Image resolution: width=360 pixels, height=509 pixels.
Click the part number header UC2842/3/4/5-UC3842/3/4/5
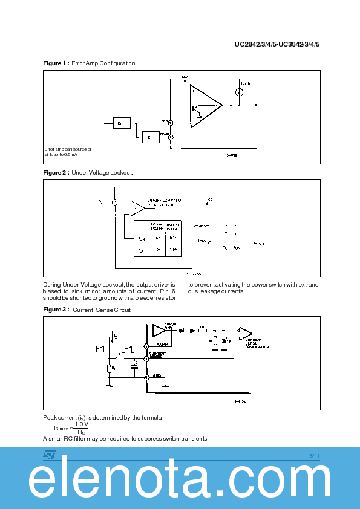tap(277, 44)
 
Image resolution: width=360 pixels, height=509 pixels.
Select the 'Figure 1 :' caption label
tap(56, 63)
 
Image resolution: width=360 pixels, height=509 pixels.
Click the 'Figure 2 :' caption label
tap(56, 173)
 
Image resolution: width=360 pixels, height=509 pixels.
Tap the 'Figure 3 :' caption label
tap(56, 310)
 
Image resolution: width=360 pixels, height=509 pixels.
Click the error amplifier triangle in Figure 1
tap(205, 106)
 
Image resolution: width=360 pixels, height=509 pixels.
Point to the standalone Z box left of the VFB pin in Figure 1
tap(120, 123)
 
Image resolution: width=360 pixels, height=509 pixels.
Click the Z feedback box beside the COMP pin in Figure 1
tap(149, 138)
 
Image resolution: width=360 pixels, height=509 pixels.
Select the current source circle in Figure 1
tap(240, 92)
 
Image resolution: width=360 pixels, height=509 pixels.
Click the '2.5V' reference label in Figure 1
tap(185, 77)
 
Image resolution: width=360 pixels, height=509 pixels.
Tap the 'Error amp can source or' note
tap(68, 149)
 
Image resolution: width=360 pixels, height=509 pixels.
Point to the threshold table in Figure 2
tap(157, 238)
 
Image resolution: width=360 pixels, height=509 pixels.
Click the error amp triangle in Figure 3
tap(159, 330)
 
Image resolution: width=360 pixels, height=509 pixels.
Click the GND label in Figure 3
tap(157, 375)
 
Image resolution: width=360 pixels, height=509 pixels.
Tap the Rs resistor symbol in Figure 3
tap(109, 368)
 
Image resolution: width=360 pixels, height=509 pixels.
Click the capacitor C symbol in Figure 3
tap(136, 366)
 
